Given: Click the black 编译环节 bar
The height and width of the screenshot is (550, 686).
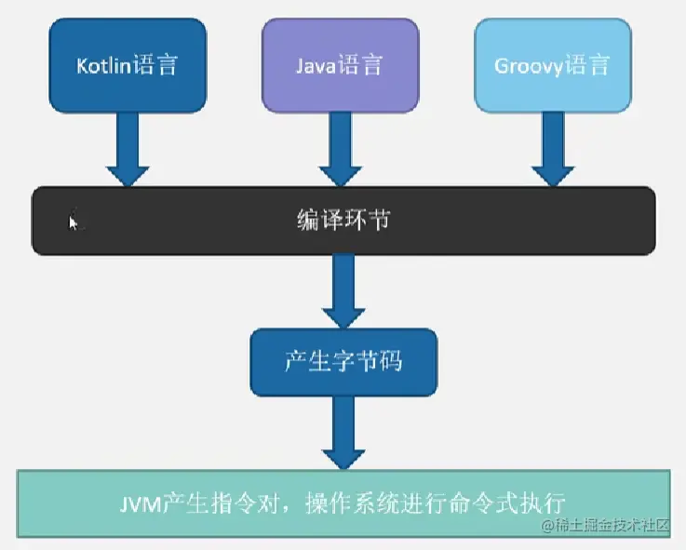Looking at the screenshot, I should pos(343,221).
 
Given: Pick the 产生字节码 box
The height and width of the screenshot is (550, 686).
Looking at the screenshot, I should pos(343,361).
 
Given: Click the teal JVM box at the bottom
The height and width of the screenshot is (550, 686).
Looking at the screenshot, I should pos(343,503).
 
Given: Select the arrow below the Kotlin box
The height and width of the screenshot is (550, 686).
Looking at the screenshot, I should pos(128,150).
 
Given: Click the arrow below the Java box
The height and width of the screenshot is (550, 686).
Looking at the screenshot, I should pos(340,150).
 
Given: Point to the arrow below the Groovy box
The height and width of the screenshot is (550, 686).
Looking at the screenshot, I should pos(553,150).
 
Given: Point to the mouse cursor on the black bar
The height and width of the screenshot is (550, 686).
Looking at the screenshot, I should pos(74,221).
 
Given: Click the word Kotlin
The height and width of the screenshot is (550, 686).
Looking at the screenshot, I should pos(103,66).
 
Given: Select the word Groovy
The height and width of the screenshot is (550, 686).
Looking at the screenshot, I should pos(528,67).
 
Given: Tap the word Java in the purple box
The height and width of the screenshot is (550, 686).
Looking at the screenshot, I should pos(316,66).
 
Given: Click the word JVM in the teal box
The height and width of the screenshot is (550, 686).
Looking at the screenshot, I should pos(140,503).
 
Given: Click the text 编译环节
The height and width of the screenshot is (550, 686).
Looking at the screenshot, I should pos(343,221).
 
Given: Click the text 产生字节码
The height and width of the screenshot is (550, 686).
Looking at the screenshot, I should pos(343,361).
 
